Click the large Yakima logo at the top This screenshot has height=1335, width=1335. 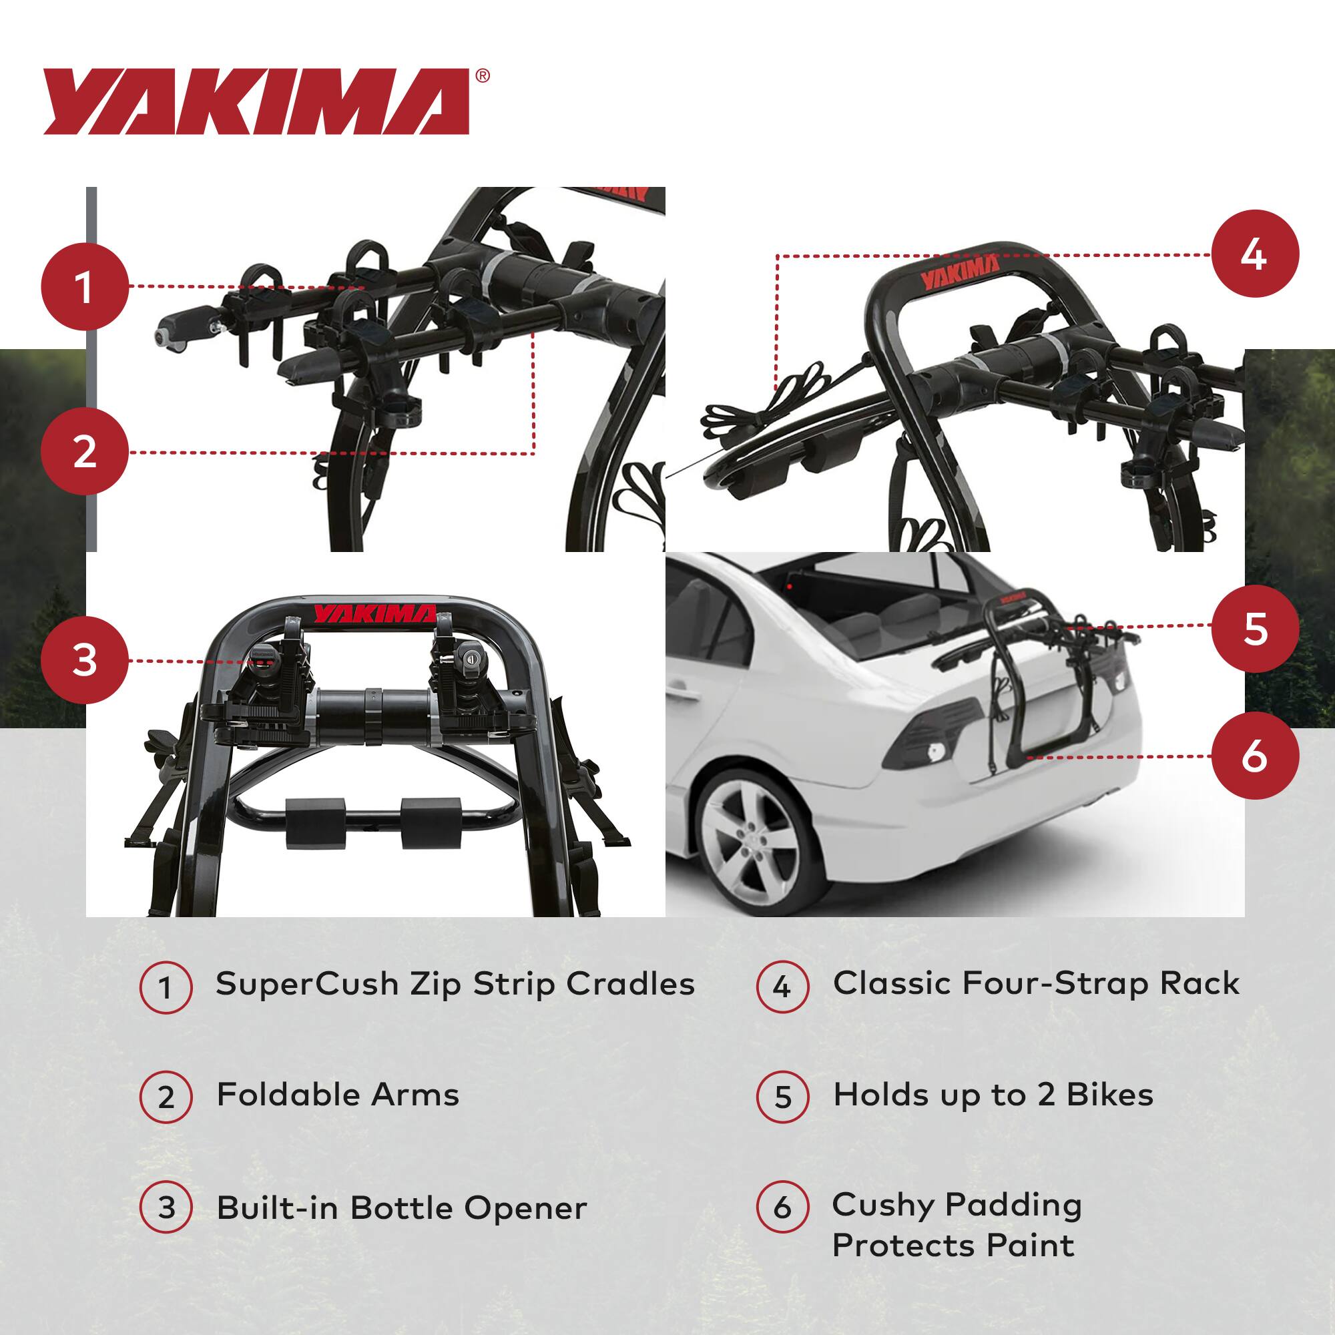pos(256,101)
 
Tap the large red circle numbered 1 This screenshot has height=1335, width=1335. pos(84,287)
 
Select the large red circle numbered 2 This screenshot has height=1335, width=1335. pos(84,453)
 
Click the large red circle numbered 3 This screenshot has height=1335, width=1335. pos(84,660)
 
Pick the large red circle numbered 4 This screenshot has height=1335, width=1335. pos(1254,254)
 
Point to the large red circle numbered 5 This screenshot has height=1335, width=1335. pos(1254,628)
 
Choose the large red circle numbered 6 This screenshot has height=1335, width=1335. pos(1254,756)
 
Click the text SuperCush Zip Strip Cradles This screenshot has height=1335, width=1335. pos(455,984)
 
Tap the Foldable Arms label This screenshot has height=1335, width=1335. pos(338,1095)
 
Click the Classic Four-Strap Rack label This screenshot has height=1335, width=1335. pos(1036,983)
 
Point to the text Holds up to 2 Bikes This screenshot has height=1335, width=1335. pos(993,1095)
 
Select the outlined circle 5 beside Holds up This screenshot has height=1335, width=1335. pos(782,1097)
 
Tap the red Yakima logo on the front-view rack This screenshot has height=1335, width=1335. pos(375,613)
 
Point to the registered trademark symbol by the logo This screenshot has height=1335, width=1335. pos(483,76)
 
